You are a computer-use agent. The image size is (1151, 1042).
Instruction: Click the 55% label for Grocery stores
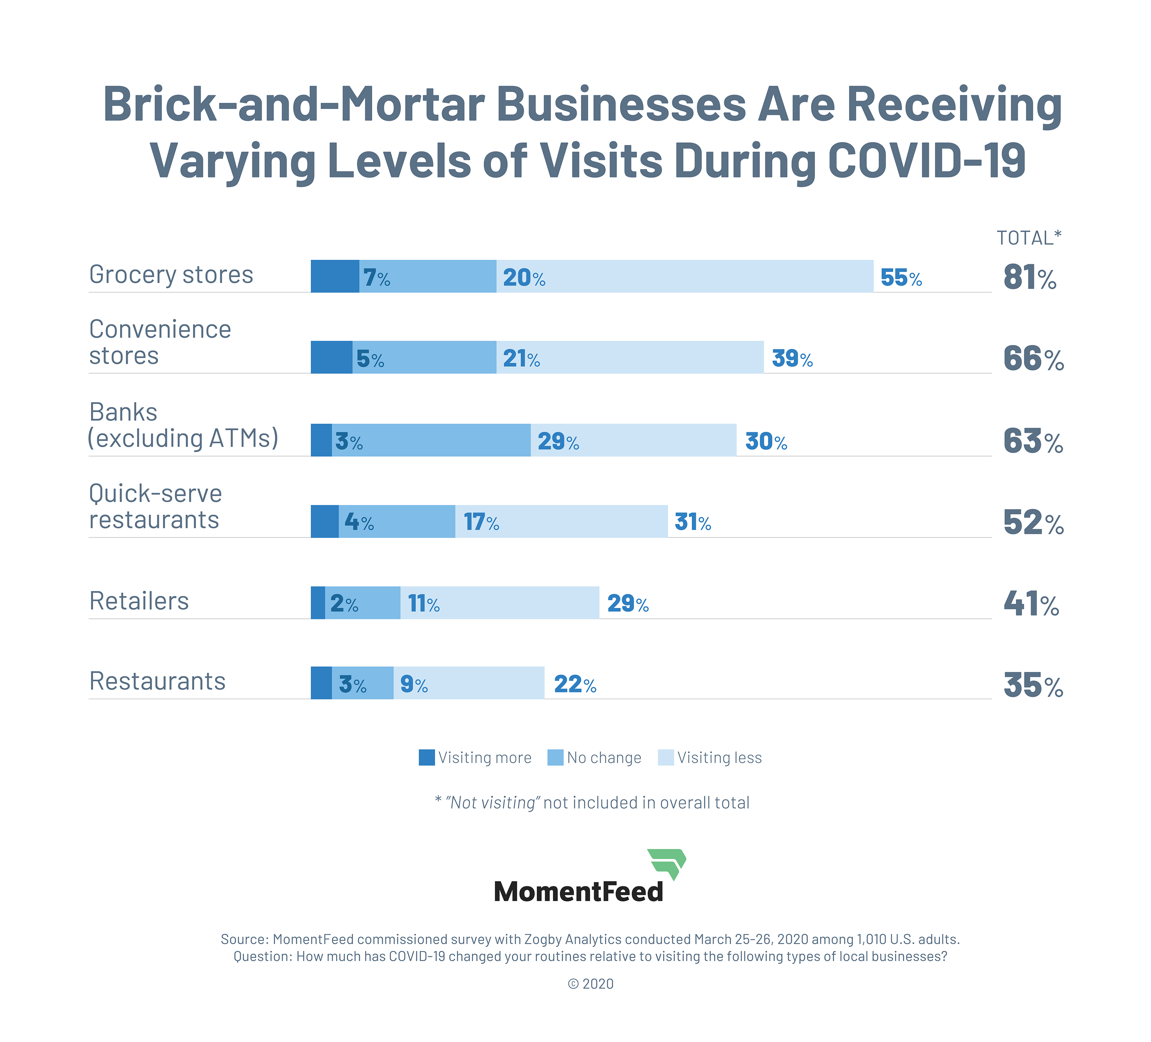[901, 277]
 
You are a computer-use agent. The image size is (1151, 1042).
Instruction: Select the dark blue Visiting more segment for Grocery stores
[335, 276]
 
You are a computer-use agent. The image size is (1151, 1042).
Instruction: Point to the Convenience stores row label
[160, 342]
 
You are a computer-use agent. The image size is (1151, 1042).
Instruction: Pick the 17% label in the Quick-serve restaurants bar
[481, 522]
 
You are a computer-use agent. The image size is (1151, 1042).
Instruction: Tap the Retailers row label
[139, 601]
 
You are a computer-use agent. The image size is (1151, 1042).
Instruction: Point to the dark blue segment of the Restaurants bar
[321, 683]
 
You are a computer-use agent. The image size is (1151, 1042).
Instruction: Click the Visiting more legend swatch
[427, 758]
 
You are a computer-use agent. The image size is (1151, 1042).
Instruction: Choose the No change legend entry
[594, 758]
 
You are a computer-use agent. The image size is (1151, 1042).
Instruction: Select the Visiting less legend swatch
[666, 758]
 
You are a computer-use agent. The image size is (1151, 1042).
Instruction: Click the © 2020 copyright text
[590, 984]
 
